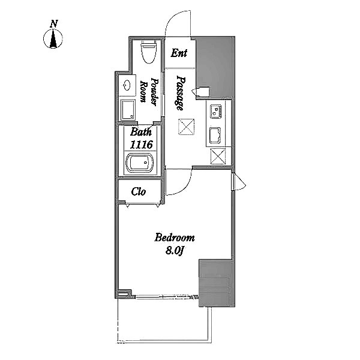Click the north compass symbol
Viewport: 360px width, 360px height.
[53, 38]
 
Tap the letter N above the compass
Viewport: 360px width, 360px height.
[54, 24]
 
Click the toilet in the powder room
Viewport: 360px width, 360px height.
[149, 52]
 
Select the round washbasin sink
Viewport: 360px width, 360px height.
[127, 86]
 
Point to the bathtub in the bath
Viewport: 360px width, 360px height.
[140, 163]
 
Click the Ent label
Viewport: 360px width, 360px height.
[179, 53]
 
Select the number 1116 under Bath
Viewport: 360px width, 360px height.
[142, 145]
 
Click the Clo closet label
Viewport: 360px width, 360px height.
[139, 192]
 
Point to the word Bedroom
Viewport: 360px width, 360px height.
[175, 238]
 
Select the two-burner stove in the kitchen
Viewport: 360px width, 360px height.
[216, 112]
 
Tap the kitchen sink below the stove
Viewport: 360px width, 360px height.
[215, 136]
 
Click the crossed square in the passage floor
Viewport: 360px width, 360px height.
[187, 127]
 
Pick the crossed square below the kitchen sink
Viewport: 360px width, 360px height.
[218, 156]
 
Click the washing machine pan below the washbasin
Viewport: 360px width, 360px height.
[128, 110]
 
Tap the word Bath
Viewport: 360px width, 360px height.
[141, 132]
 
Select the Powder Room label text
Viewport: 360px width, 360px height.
[149, 92]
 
